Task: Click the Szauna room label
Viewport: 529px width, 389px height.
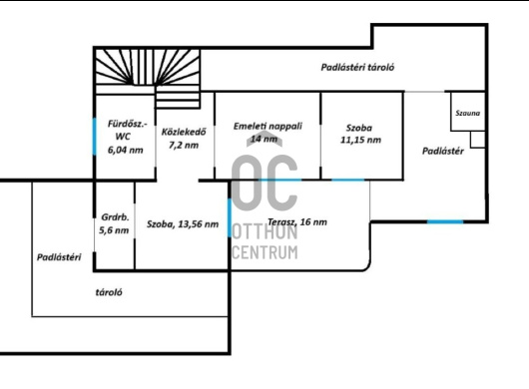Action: tap(467, 113)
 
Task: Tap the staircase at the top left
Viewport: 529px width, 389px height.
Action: tap(148, 78)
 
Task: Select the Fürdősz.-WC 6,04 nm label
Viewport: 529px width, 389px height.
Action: tap(126, 137)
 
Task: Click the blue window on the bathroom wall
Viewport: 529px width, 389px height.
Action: tap(94, 137)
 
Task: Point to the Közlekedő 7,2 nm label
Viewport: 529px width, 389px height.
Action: tap(184, 139)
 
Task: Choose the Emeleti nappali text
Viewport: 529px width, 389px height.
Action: tap(267, 126)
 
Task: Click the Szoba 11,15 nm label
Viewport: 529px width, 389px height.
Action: tap(360, 134)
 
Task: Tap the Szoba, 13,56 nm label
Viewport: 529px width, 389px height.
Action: tap(183, 224)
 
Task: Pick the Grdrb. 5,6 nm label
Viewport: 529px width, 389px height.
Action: tap(114, 223)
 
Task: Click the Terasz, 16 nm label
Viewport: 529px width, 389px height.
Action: tap(297, 221)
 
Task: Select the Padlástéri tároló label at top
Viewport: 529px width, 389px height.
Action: tap(357, 68)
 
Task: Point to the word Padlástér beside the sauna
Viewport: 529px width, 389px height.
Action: tap(443, 151)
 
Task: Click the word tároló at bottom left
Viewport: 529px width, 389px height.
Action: tap(109, 292)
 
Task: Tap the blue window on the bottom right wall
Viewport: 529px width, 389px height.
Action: tap(445, 221)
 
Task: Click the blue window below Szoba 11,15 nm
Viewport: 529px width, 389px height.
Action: tap(348, 180)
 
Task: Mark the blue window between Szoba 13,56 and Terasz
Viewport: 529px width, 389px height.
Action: tap(230, 217)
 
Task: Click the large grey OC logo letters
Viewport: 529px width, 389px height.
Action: tap(264, 184)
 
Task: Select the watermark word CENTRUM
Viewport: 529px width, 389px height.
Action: tap(264, 252)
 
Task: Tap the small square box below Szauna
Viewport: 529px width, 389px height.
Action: tap(478, 140)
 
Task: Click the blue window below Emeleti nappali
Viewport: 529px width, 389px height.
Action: tap(280, 180)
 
